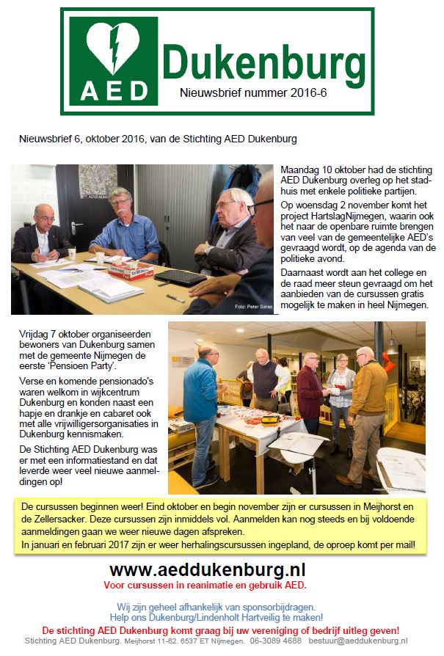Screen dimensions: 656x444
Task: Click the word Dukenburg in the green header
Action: pos(263,61)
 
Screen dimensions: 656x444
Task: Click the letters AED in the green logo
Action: pos(113,91)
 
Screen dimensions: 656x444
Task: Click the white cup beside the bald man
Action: pos(72,254)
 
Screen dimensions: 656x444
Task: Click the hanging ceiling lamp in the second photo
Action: pos(392,344)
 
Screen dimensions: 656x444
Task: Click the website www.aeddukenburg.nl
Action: pos(207,570)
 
